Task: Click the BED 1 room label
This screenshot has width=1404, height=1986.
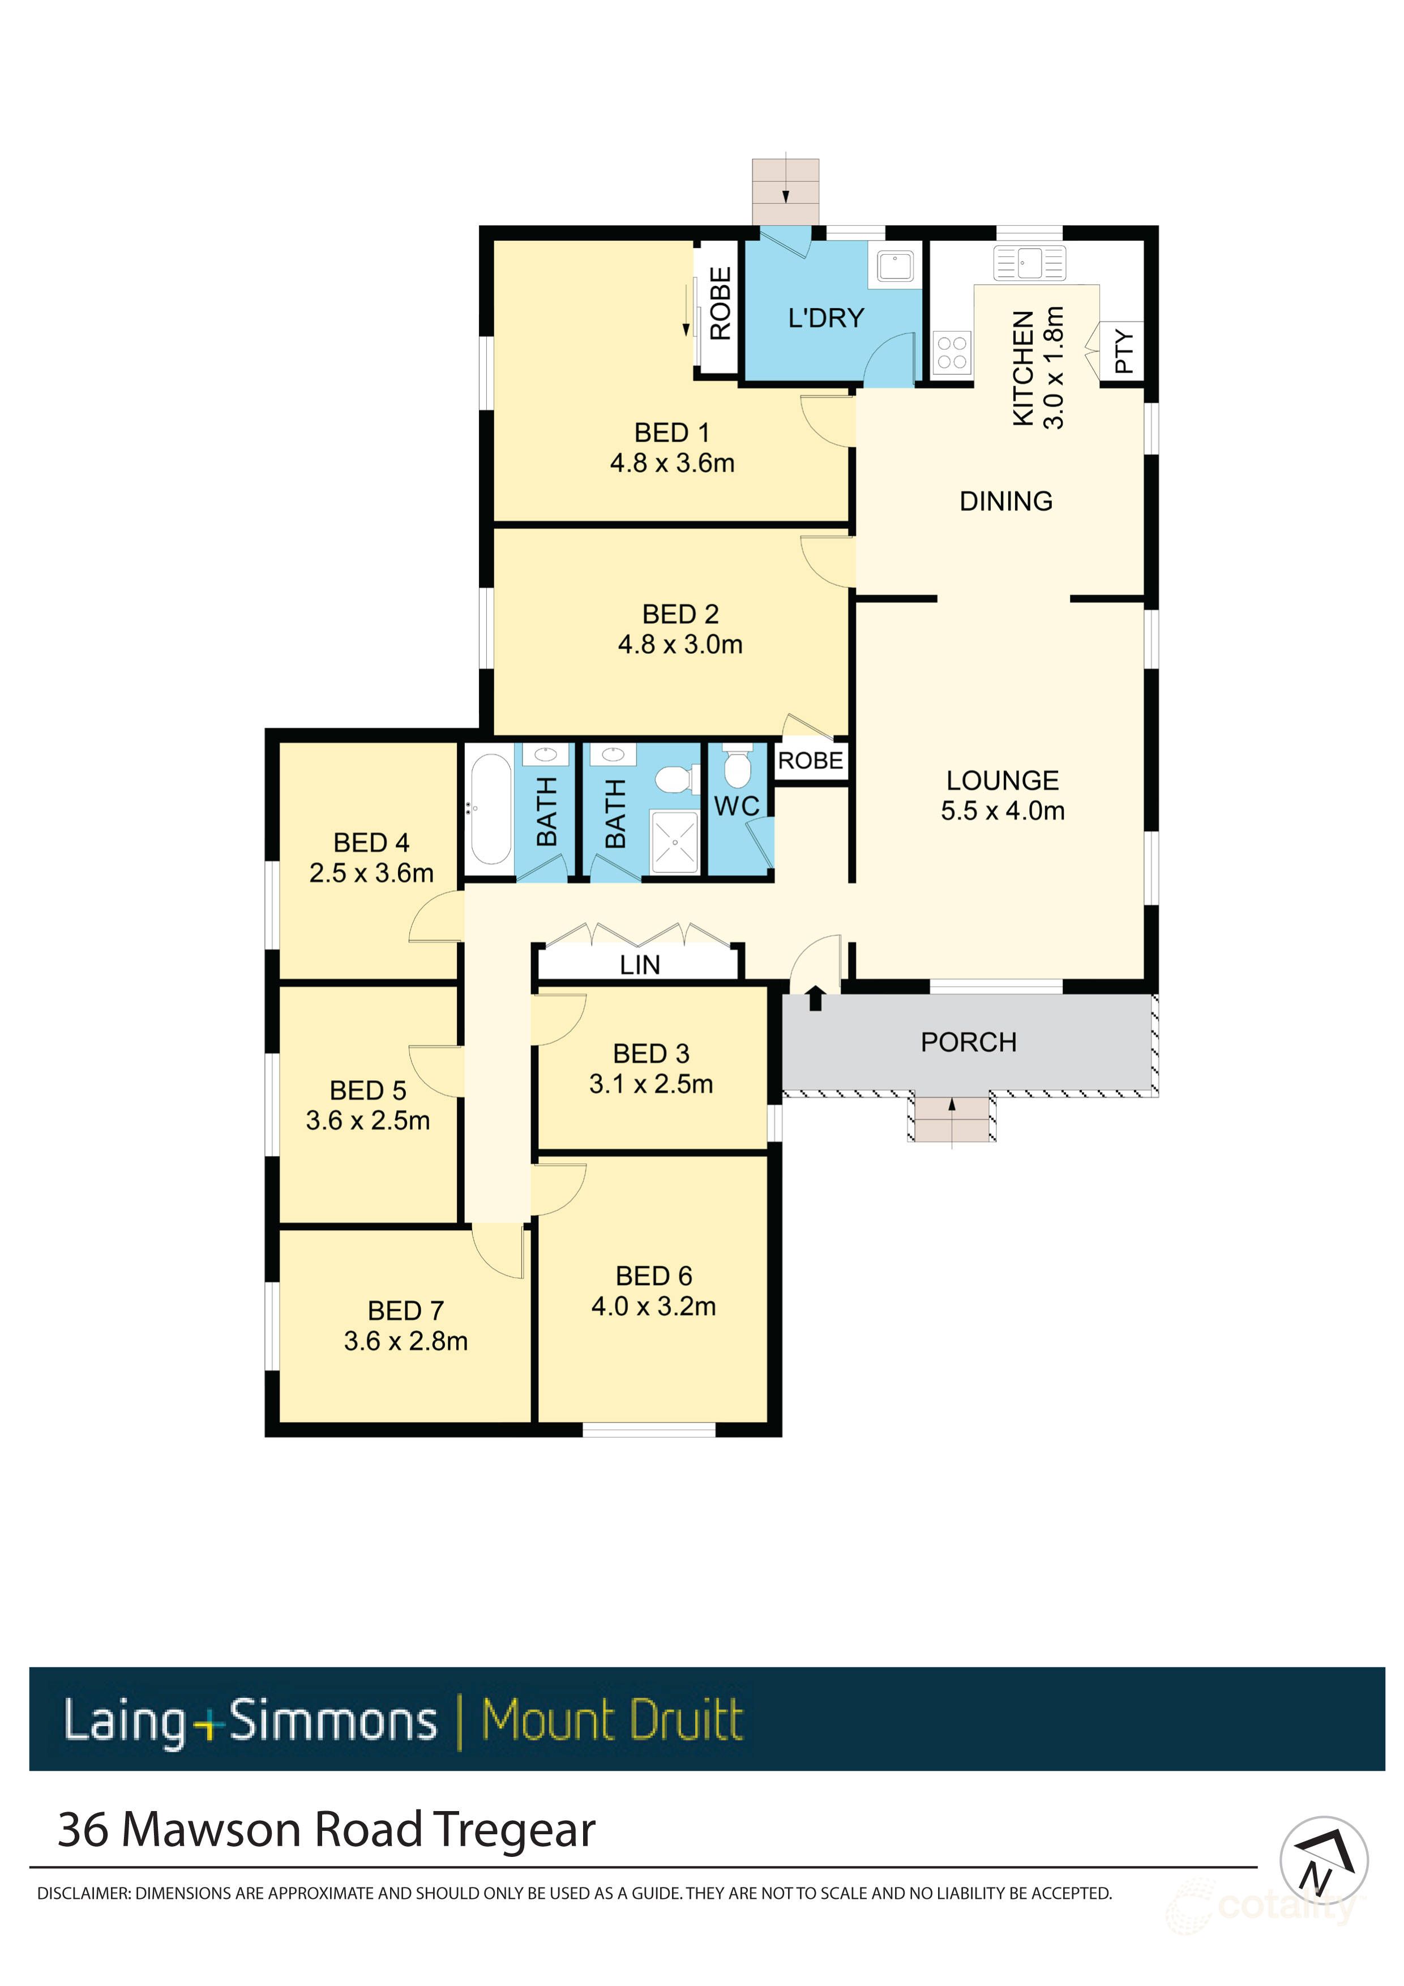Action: (671, 433)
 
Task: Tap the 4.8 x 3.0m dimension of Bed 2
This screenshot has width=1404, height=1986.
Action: (680, 644)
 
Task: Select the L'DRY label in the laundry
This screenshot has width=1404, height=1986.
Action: (825, 318)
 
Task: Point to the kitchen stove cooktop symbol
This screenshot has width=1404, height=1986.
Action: (952, 352)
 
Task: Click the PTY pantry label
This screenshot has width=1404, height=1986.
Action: (1123, 350)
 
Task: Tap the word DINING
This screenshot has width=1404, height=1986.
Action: (1005, 501)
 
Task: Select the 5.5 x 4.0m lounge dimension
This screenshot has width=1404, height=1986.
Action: (1003, 811)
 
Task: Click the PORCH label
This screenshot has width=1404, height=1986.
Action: (968, 1042)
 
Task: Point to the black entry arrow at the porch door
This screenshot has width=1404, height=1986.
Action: (815, 998)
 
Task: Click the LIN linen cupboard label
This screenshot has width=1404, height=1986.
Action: (639, 965)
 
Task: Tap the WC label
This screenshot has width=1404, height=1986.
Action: (736, 806)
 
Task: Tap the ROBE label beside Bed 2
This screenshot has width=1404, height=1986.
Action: (810, 761)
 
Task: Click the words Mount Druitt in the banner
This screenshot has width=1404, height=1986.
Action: (611, 1720)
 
